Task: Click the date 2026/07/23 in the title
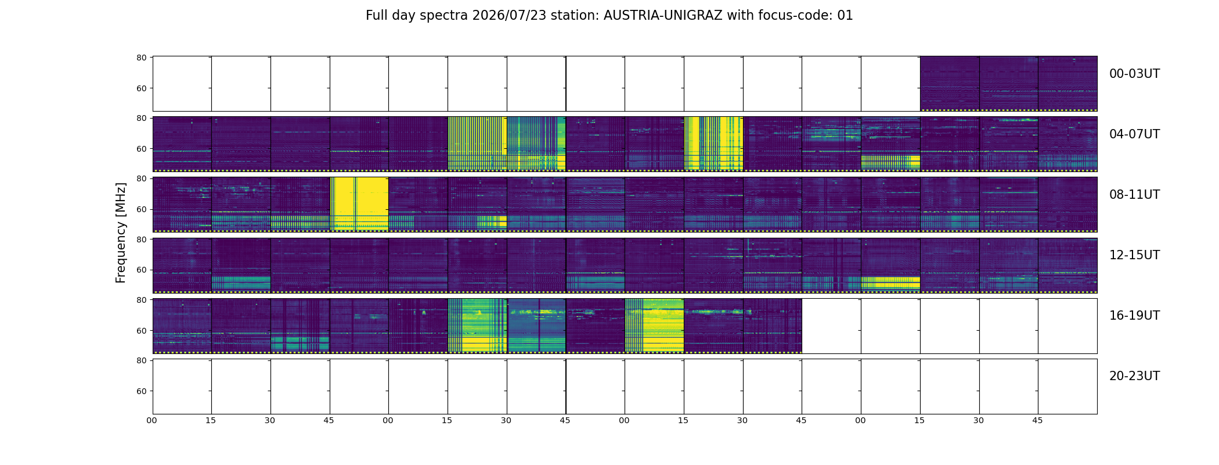pyautogui.click(x=509, y=16)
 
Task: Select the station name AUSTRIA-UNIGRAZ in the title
pyautogui.click(x=663, y=16)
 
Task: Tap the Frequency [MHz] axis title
pyautogui.click(x=121, y=233)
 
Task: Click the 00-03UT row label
pyautogui.click(x=1134, y=74)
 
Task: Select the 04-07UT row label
pyautogui.click(x=1134, y=134)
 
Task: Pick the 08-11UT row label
pyautogui.click(x=1134, y=195)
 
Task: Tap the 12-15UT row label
pyautogui.click(x=1134, y=255)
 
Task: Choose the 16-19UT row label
pyautogui.click(x=1134, y=316)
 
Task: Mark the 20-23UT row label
pyautogui.click(x=1134, y=376)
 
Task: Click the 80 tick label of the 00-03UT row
pyautogui.click(x=141, y=58)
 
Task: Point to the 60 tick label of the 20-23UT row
pyautogui.click(x=141, y=391)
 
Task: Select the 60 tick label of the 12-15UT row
pyautogui.click(x=141, y=270)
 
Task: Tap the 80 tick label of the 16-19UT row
pyautogui.click(x=141, y=300)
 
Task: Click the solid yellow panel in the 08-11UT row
pyautogui.click(x=359, y=203)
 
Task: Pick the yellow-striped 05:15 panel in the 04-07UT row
pyautogui.click(x=477, y=144)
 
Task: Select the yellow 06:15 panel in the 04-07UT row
pyautogui.click(x=713, y=144)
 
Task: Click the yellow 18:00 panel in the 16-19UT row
pyautogui.click(x=654, y=325)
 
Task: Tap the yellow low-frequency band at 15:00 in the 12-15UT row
pyautogui.click(x=890, y=283)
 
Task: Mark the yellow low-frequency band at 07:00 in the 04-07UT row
pyautogui.click(x=890, y=162)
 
